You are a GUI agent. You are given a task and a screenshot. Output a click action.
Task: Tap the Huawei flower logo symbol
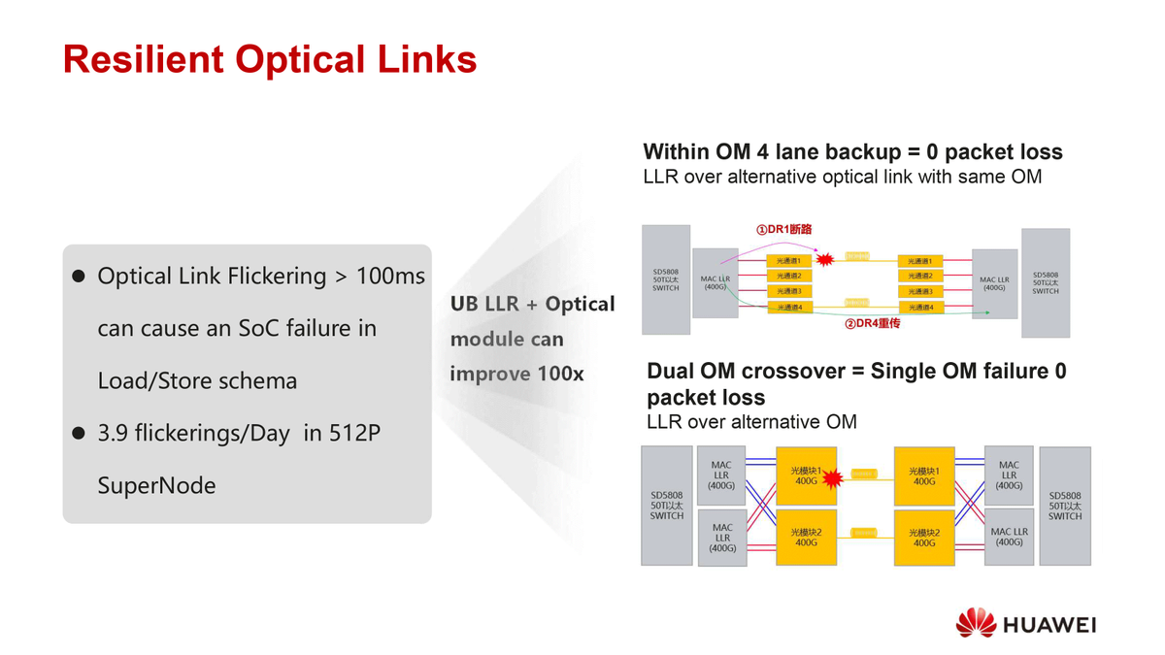(x=976, y=623)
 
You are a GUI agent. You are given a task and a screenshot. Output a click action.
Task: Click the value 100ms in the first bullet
(x=390, y=277)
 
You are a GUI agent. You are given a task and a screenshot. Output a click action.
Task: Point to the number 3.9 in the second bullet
(x=115, y=434)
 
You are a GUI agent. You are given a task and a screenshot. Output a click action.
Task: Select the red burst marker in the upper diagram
(x=827, y=260)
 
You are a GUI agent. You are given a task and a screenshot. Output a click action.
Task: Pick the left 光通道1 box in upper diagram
(x=788, y=261)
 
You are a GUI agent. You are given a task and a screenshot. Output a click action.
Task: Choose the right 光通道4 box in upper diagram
(x=919, y=307)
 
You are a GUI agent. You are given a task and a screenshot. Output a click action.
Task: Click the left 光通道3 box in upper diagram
(x=788, y=291)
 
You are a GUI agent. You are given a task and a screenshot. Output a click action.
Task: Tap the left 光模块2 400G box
(x=806, y=538)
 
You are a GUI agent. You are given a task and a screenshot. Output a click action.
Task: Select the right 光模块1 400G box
(x=924, y=475)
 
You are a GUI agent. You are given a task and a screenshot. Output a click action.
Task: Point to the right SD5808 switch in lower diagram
(x=1064, y=506)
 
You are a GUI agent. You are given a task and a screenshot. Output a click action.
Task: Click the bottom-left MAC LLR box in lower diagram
(x=721, y=538)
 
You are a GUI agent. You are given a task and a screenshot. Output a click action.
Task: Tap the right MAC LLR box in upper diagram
(x=993, y=283)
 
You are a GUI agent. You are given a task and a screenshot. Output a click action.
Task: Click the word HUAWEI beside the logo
(x=1049, y=625)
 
